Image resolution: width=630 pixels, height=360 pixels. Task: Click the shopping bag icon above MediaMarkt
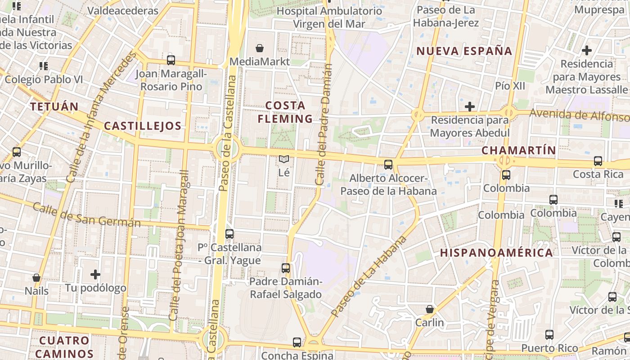pos(260,48)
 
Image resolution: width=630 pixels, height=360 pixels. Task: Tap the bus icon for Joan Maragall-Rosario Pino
pos(171,60)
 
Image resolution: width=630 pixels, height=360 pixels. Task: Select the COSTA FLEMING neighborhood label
pos(285,112)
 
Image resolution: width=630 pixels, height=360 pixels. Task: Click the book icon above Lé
pos(283,159)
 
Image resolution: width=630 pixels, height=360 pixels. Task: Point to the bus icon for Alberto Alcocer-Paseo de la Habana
pos(388,165)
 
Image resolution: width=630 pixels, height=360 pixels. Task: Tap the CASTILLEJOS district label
pos(143,126)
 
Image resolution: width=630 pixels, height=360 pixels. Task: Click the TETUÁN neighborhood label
pos(54,107)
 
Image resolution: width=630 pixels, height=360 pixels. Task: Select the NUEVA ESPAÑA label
pos(464,51)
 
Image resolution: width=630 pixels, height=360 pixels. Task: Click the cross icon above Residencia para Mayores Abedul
pos(470,107)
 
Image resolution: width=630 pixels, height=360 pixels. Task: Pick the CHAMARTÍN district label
pos(519,150)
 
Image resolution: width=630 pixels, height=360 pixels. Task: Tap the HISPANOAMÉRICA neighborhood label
pos(496,252)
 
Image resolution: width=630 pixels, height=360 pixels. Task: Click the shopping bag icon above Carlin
pos(430,309)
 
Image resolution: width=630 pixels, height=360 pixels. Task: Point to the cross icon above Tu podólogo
pos(95,274)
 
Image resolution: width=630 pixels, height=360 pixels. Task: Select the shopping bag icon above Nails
pos(36,278)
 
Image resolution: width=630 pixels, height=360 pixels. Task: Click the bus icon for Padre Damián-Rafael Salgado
pos(286,268)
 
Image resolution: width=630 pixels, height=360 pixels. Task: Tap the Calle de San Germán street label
pos(86,216)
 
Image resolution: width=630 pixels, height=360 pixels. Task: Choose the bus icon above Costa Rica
pos(598,161)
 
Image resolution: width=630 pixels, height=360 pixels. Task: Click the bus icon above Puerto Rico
pos(549,335)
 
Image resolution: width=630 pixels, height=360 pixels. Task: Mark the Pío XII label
pos(510,85)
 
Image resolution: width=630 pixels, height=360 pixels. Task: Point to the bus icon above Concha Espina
pos(297,342)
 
